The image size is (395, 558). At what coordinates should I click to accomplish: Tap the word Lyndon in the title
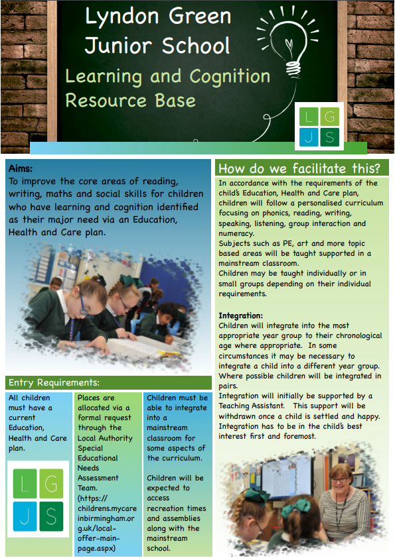click(122, 17)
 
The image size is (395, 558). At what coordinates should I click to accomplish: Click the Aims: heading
click(21, 168)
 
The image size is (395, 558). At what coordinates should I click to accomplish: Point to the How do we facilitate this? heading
click(299, 168)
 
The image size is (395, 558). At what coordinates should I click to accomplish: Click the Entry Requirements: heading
click(54, 382)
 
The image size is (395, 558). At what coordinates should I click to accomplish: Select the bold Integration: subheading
click(240, 315)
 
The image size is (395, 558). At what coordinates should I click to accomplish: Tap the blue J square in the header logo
click(309, 137)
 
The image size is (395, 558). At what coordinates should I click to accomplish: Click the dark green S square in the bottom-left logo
click(51, 516)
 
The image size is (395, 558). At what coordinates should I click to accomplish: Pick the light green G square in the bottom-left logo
click(51, 483)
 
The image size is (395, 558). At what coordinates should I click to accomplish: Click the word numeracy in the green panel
click(236, 234)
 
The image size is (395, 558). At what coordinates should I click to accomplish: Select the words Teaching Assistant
click(252, 406)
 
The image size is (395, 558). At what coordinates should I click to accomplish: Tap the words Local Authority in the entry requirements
click(105, 438)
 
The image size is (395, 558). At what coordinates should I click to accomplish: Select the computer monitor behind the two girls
click(286, 476)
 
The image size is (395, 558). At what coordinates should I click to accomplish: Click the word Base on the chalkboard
click(175, 101)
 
